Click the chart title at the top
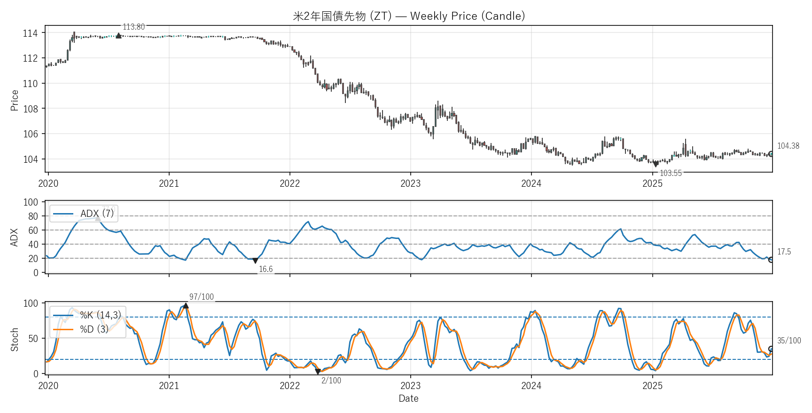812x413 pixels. pos(409,16)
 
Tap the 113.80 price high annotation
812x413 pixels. pos(133,27)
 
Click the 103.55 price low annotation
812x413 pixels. pos(671,173)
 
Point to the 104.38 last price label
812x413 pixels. pos(788,146)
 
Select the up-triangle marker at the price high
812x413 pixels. pos(118,35)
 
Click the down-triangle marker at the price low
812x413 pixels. pos(656,164)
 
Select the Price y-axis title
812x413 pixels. pos(15,100)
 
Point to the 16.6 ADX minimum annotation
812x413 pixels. pos(265,269)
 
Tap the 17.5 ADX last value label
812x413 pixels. pos(784,252)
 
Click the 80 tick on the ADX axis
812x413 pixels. pos(33,216)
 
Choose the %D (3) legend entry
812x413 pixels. pos(94,329)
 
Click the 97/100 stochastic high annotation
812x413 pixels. pos(201,297)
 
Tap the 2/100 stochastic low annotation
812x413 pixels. pos(331,381)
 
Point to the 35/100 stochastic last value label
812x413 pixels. pos(789,341)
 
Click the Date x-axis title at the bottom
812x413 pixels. pos(408,398)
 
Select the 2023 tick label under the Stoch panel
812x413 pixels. pos(410,386)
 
